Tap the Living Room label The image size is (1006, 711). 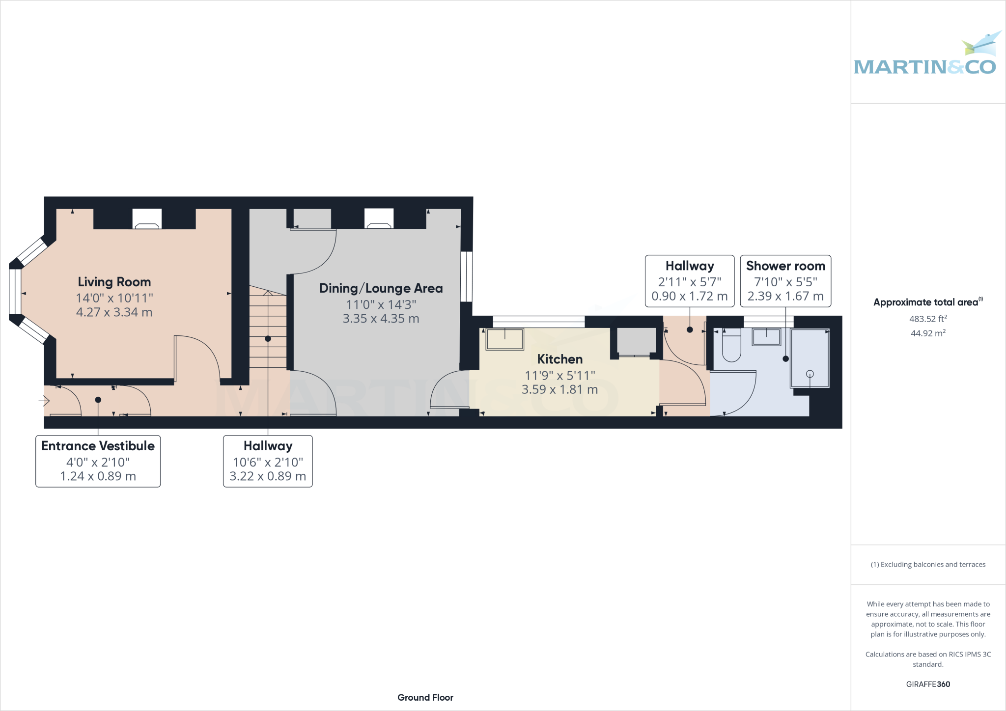114,282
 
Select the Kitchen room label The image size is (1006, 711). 559,359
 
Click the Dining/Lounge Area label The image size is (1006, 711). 381,288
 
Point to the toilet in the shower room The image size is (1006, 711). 731,347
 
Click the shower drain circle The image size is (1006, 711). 810,374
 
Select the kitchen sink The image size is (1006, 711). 504,339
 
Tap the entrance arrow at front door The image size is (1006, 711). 45,401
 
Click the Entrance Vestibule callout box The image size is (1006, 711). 98,461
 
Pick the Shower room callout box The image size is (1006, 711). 785,281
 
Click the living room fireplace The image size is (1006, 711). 147,219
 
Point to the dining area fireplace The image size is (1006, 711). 379,219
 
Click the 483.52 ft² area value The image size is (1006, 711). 928,319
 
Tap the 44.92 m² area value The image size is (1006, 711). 928,333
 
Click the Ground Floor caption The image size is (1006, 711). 425,697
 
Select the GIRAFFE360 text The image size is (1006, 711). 928,684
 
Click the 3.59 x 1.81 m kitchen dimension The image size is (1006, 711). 559,389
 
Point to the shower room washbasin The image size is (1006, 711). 766,337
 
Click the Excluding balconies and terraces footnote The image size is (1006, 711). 928,564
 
